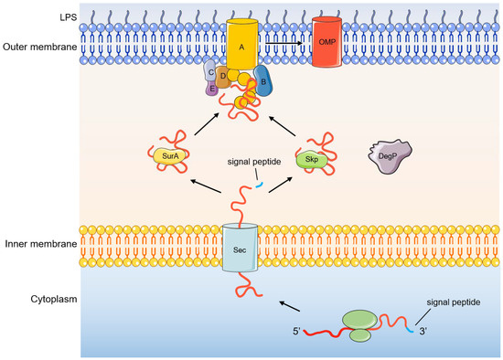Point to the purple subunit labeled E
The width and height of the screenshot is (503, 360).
(x=212, y=89)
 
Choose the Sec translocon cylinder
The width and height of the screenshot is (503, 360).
(x=240, y=247)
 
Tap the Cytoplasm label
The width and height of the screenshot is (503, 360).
(x=27, y=299)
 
